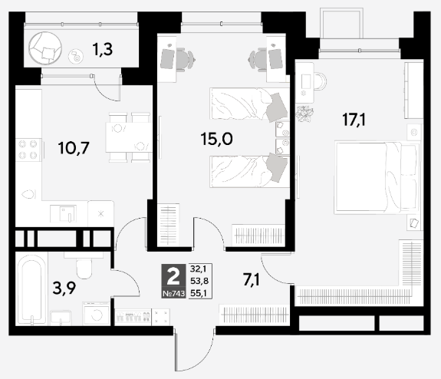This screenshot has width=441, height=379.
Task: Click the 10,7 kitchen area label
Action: pos(74,148)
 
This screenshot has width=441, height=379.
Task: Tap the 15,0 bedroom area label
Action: pos(216,139)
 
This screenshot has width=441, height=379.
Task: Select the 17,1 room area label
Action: pos(354,120)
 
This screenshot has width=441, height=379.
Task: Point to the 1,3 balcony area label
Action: pos(103,49)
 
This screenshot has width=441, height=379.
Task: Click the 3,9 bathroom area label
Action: pos(64,288)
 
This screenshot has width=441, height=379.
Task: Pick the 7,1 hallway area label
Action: pos(252,280)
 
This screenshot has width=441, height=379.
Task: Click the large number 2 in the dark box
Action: pos(173,276)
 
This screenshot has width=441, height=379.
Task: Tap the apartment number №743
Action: pos(174,294)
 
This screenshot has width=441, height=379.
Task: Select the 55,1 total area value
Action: pos(199,294)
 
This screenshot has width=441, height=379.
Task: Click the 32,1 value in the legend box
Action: pos(199,269)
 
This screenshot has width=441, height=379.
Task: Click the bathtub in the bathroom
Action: pos(31,289)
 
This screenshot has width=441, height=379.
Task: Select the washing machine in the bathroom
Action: pos(96,314)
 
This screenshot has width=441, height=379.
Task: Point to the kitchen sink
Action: pos(64,214)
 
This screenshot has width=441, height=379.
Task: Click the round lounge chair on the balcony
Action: pos(45,48)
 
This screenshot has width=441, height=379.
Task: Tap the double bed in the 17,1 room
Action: pos(377,177)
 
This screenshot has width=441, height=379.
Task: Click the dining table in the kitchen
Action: pos(129,137)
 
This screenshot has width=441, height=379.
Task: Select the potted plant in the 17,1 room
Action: pos(304,114)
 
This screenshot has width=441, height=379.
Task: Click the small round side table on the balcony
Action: pos(76,56)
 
